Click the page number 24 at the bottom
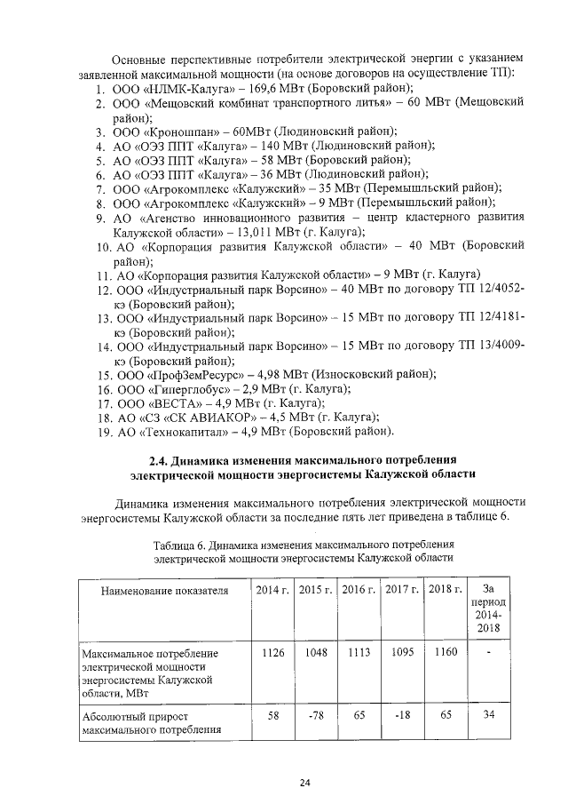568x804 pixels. click(x=304, y=782)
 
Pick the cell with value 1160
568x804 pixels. click(x=445, y=653)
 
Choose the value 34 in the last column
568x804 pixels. click(x=488, y=714)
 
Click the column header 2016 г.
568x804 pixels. click(x=359, y=590)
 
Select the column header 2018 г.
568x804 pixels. click(x=445, y=590)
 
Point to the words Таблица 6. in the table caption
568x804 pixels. click(x=181, y=544)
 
